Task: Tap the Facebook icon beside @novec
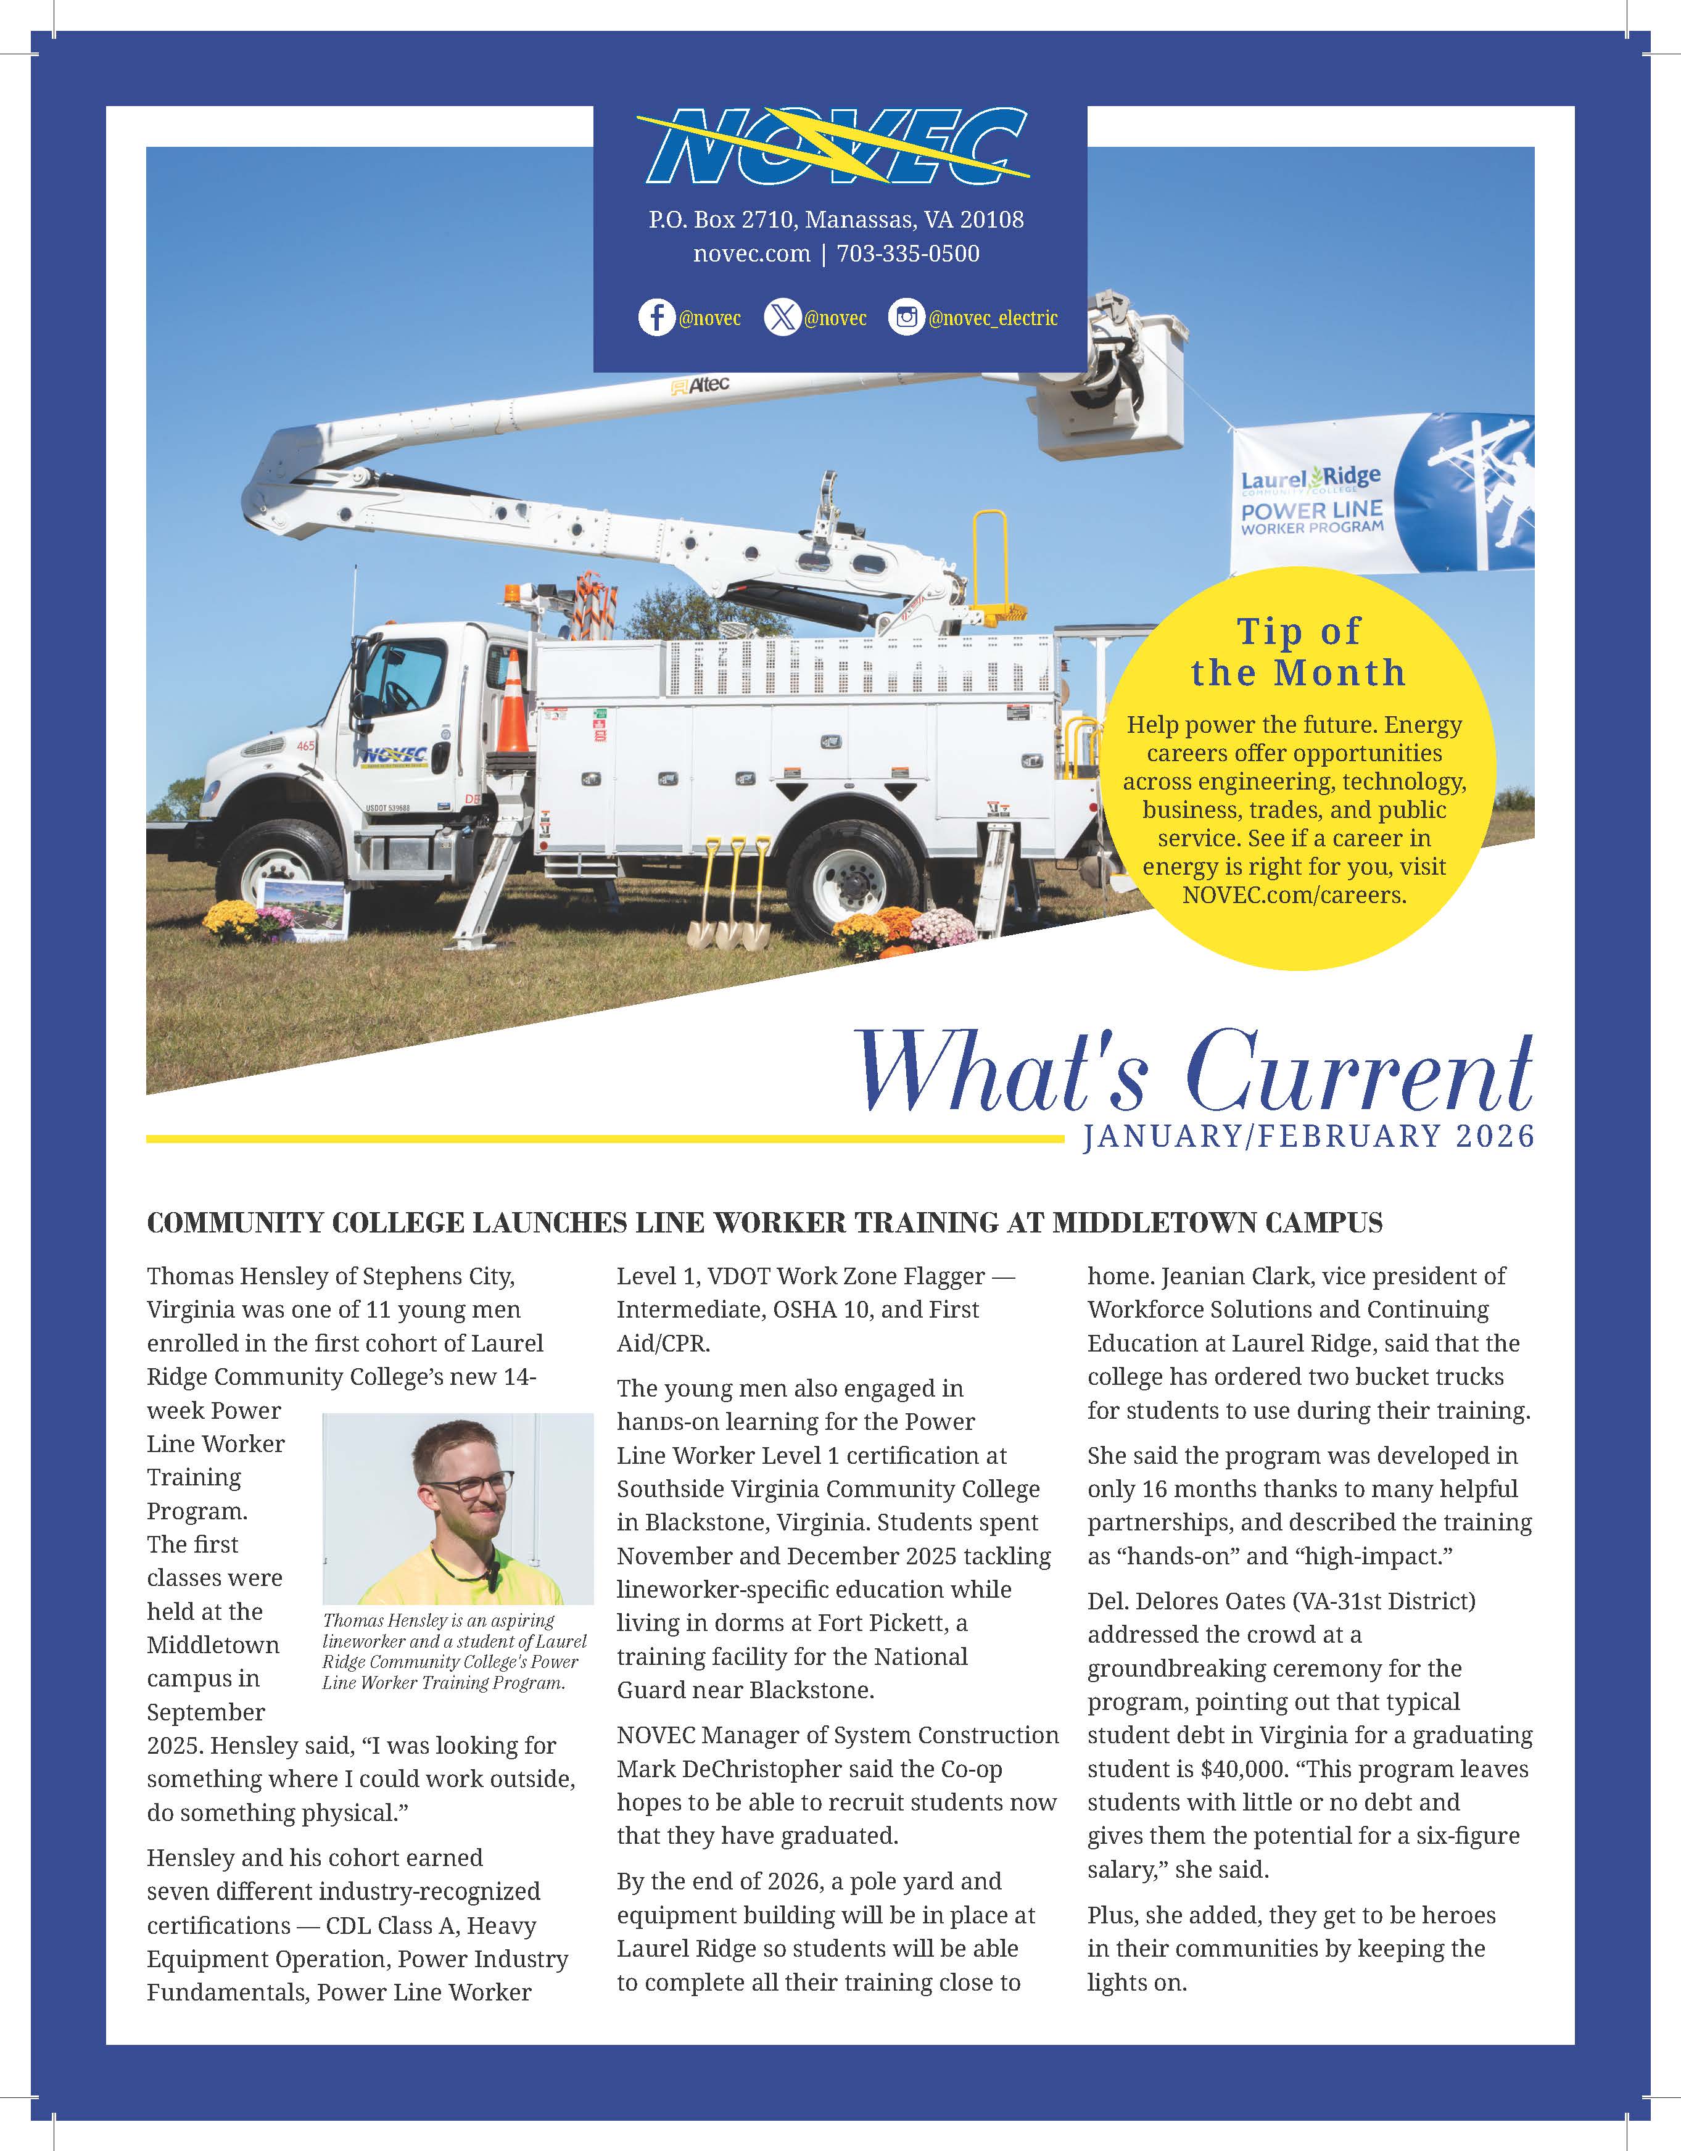click(656, 318)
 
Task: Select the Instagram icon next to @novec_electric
click(906, 318)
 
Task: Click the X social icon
click(782, 318)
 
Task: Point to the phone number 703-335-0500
click(908, 254)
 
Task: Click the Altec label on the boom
click(701, 385)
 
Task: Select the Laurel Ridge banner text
click(1311, 502)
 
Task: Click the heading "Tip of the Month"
click(1298, 651)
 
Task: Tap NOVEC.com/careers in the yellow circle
click(1294, 895)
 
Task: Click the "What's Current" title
click(1194, 1073)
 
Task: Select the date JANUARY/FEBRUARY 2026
click(1309, 1136)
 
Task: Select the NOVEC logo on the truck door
click(395, 756)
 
